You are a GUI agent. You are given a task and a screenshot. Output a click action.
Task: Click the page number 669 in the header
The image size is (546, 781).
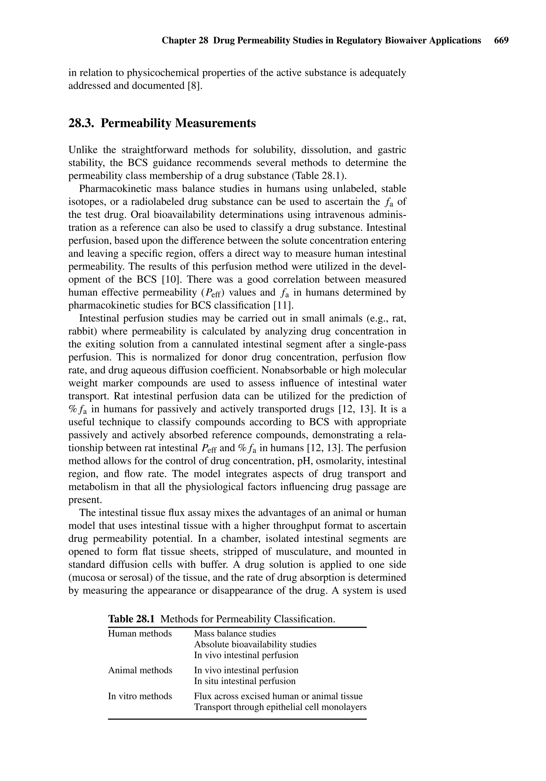pos(501,41)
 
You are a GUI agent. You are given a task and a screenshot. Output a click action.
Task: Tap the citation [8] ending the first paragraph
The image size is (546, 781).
pos(195,85)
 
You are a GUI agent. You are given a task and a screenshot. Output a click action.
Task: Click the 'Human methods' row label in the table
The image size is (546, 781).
pos(140,633)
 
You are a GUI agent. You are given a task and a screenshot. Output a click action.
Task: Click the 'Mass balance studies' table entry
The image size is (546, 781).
pos(235,633)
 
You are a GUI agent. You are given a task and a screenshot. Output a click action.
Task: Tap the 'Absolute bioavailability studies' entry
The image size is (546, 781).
pos(255,644)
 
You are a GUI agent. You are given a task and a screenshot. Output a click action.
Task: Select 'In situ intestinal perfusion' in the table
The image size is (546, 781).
pos(245,681)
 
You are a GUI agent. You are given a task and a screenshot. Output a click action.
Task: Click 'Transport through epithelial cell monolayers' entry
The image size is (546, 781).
pos(280,707)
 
